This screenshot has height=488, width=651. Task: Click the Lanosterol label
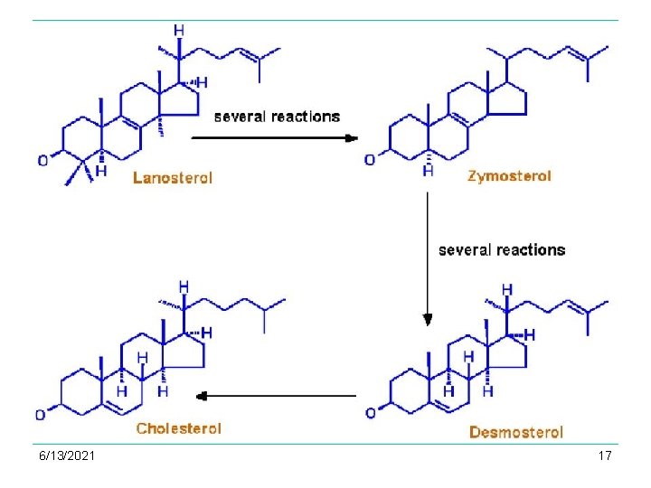pyautogui.click(x=173, y=178)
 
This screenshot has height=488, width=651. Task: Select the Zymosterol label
pyautogui.click(x=509, y=176)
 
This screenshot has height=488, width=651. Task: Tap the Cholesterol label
pyautogui.click(x=178, y=428)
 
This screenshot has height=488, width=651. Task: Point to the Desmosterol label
pyautogui.click(x=515, y=433)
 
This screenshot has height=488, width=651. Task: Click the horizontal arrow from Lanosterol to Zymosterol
pyautogui.click(x=275, y=137)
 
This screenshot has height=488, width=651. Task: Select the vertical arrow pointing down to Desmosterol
pyautogui.click(x=428, y=261)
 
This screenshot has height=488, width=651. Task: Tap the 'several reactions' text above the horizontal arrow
pyautogui.click(x=277, y=117)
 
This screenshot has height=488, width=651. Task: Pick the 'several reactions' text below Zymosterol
pyautogui.click(x=502, y=249)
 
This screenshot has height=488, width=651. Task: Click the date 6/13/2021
pyautogui.click(x=68, y=455)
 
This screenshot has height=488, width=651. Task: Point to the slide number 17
pyautogui.click(x=605, y=455)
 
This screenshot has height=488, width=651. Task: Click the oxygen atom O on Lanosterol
pyautogui.click(x=42, y=161)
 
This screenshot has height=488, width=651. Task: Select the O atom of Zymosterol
pyautogui.click(x=369, y=160)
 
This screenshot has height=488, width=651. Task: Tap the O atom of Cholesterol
pyautogui.click(x=41, y=415)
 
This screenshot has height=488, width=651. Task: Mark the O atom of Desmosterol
pyautogui.click(x=371, y=414)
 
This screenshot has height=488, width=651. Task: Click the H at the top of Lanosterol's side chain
pyautogui.click(x=179, y=31)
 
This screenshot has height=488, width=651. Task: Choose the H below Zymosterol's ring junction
pyautogui.click(x=428, y=171)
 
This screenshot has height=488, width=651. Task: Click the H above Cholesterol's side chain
pyautogui.click(x=184, y=287)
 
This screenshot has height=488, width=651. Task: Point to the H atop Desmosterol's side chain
pyautogui.click(x=507, y=290)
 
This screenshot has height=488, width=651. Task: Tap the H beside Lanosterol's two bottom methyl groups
pyautogui.click(x=100, y=170)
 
